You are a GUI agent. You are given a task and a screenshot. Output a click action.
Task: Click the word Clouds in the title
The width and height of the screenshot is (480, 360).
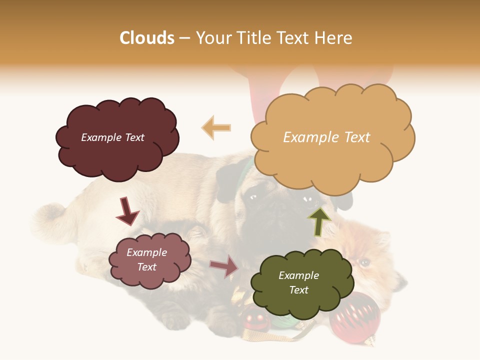147,38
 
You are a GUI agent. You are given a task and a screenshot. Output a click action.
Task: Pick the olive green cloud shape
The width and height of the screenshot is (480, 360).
300,300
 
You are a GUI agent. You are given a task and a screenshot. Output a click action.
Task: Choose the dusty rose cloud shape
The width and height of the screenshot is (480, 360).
150,275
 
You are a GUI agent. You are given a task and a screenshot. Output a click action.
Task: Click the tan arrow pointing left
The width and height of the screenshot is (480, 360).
216,128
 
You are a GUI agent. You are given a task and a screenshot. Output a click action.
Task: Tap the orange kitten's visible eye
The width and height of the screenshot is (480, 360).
365,262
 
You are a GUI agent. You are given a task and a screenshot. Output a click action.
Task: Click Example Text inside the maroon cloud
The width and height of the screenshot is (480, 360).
112,137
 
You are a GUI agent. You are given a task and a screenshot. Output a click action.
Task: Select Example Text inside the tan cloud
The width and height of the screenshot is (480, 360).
326,137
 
